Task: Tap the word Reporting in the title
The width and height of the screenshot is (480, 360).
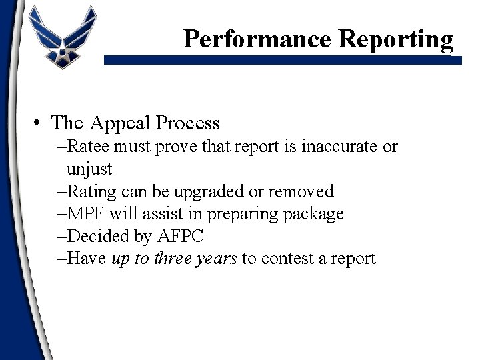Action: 396,40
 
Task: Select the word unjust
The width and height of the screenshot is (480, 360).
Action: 89,169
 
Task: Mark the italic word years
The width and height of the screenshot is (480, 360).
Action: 217,259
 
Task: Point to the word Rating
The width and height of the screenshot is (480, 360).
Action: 91,192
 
